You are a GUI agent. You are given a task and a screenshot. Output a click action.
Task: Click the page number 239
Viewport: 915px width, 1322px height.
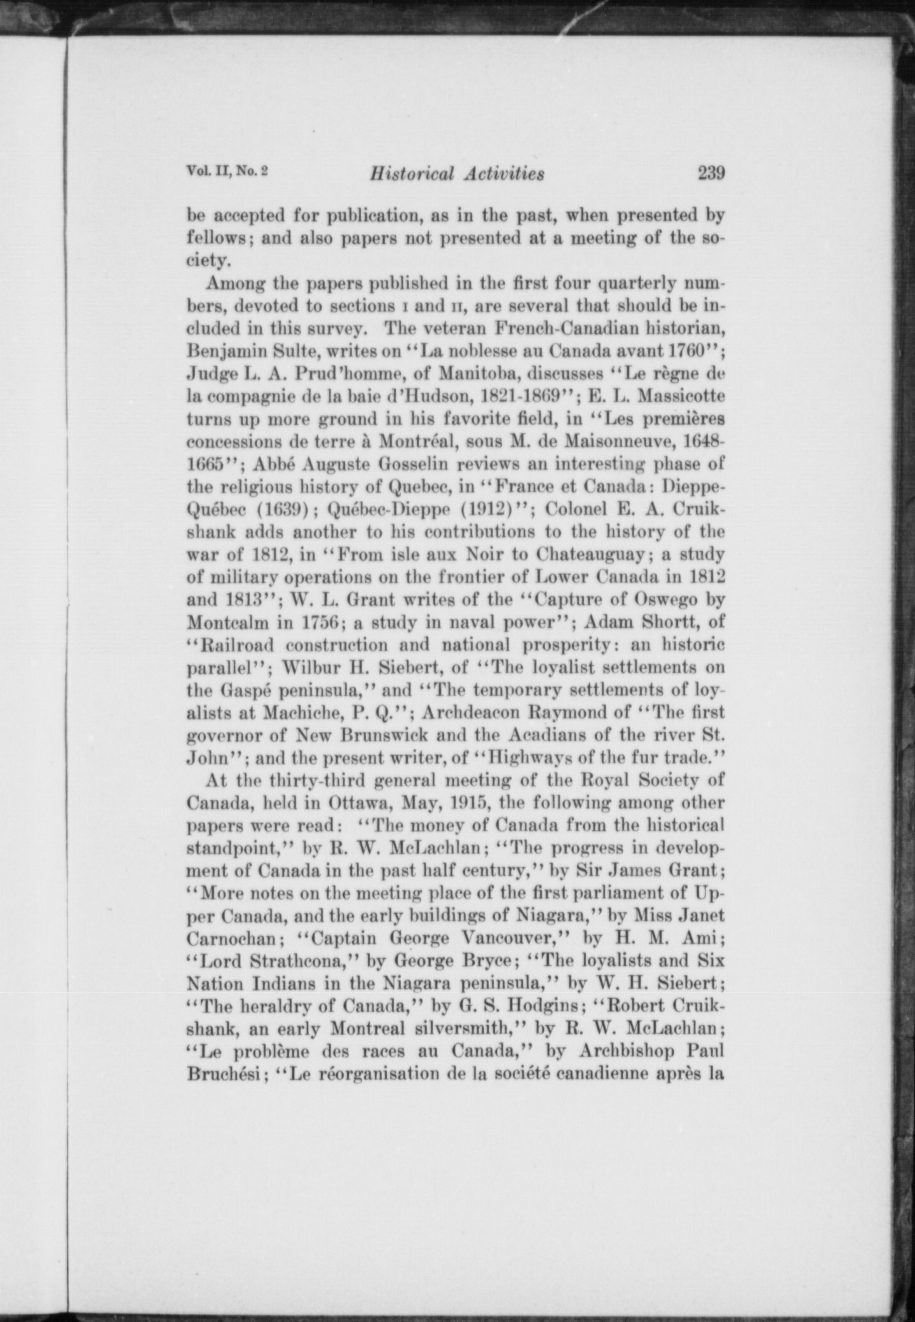(711, 173)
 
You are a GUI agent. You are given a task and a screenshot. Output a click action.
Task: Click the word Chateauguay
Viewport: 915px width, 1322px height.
(591, 555)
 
